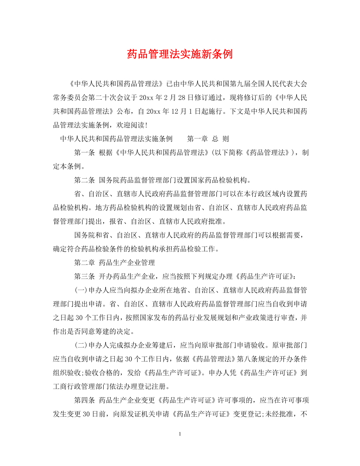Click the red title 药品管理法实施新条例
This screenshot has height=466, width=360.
pyautogui.click(x=180, y=54)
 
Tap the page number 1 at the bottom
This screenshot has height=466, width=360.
pyautogui.click(x=180, y=445)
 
